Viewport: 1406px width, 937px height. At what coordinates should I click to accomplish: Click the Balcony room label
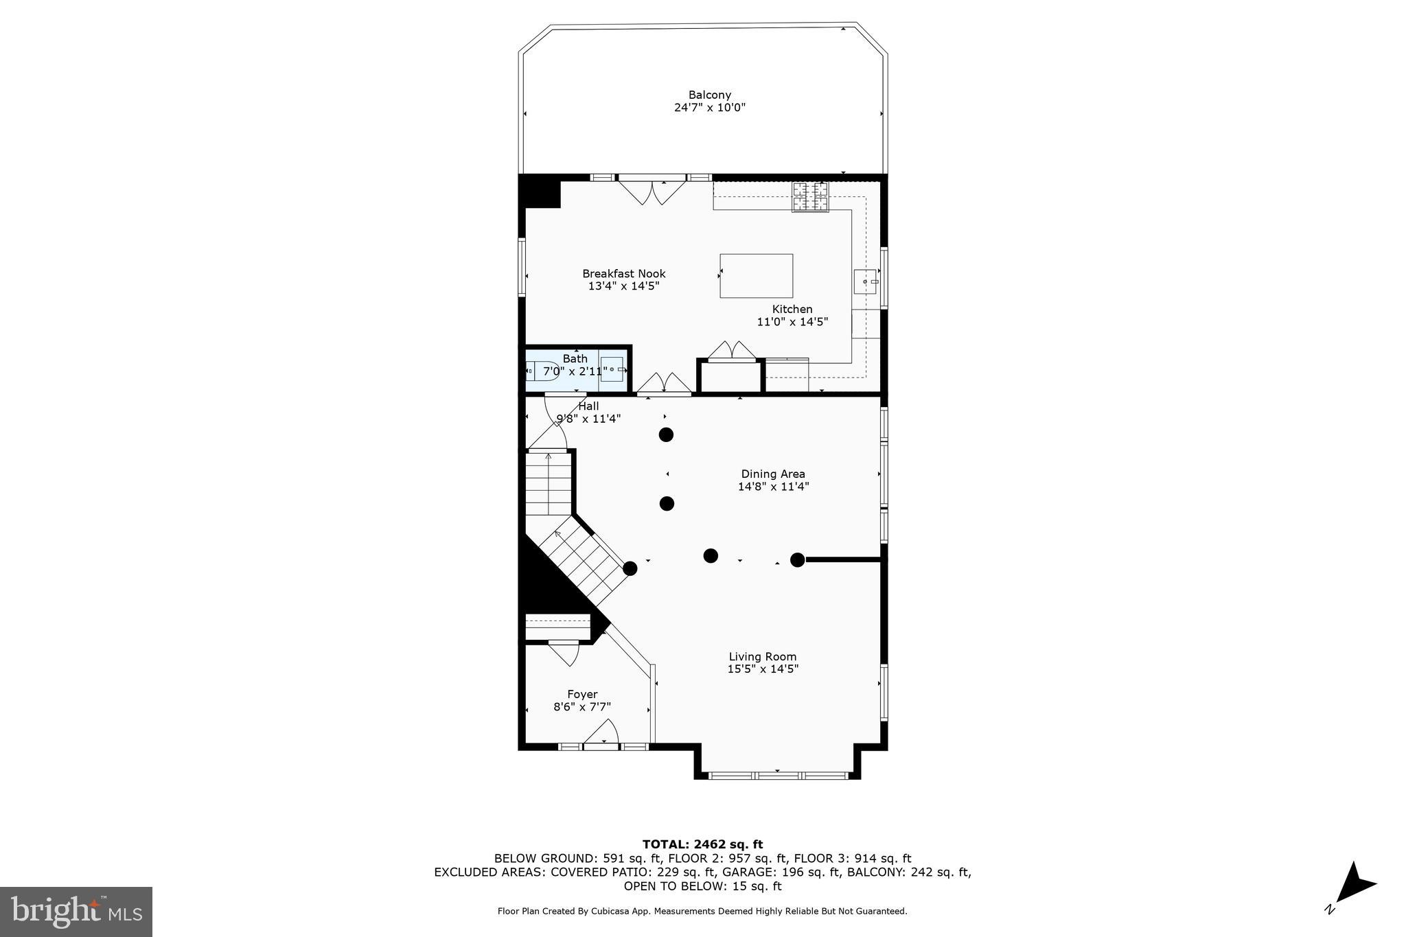709,95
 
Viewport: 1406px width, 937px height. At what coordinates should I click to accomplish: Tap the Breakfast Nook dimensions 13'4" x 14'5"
623,286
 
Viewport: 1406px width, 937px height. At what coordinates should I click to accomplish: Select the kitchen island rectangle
756,275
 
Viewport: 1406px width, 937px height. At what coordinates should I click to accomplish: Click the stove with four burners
810,197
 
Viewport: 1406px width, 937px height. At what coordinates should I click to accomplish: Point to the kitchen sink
865,281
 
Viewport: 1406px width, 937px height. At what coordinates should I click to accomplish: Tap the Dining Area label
773,474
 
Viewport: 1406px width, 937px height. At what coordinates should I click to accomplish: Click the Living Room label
762,656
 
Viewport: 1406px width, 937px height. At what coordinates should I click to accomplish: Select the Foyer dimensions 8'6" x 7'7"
582,706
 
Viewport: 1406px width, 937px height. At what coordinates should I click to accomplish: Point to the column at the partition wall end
797,560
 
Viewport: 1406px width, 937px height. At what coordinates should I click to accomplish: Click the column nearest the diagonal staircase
630,568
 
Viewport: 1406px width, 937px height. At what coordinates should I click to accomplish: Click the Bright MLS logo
76,912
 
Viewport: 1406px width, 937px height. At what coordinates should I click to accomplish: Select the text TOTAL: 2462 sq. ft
702,844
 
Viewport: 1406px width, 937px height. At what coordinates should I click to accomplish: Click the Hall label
588,406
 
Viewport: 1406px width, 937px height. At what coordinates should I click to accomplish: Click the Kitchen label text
792,309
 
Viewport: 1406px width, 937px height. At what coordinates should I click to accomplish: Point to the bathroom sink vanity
612,369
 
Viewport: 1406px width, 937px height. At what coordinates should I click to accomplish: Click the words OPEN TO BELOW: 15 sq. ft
702,886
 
